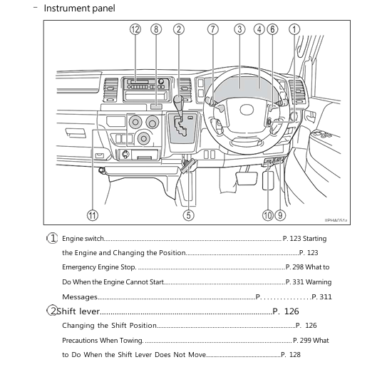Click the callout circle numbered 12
[135, 29]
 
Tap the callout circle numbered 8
[156, 29]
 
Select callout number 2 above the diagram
[178, 29]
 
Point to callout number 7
[212, 29]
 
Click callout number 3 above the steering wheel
[239, 29]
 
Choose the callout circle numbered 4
[259, 29]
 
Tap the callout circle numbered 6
[273, 29]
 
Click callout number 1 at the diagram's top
[294, 29]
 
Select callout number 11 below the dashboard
[92, 215]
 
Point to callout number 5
[189, 215]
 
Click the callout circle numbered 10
[267, 215]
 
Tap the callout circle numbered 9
[280, 215]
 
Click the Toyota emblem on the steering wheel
[246, 110]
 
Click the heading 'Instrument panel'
[79, 9]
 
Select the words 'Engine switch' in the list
[83, 239]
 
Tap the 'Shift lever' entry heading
[78, 311]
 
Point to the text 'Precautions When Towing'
[102, 341]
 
